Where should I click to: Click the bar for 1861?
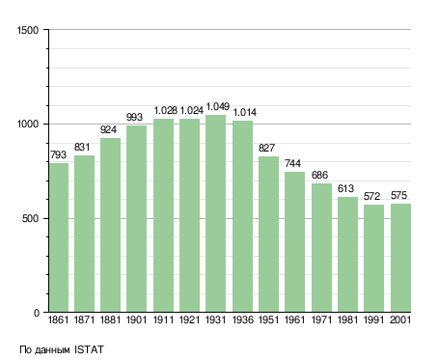[59, 237]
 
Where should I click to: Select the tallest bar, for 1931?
[215, 213]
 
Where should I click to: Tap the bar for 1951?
[268, 235]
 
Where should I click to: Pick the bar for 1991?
[373, 259]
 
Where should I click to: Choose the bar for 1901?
[136, 219]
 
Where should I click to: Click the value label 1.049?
[218, 106]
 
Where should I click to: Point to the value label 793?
[58, 154]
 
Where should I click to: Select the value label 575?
[398, 195]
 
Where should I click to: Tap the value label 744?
[292, 163]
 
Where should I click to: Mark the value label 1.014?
[245, 112]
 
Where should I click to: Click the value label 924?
[108, 129]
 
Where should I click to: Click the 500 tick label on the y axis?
[30, 219]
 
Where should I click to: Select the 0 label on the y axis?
[37, 313]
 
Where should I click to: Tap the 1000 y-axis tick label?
[28, 124]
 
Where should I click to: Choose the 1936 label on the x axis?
[242, 320]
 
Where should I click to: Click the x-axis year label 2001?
[400, 320]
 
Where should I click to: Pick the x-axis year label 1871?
[84, 320]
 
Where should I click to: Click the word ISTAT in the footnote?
[89, 349]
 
